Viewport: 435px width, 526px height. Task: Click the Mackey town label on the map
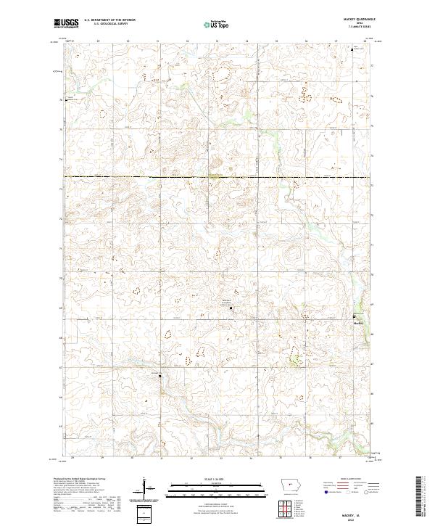pyautogui.click(x=357, y=323)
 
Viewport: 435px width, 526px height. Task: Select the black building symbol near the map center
pyautogui.click(x=231, y=309)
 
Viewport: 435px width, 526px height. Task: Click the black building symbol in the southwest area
pyautogui.click(x=161, y=376)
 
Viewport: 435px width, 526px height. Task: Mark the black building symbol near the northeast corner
pyautogui.click(x=353, y=49)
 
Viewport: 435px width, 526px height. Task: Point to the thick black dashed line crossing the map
pyautogui.click(x=217, y=177)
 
